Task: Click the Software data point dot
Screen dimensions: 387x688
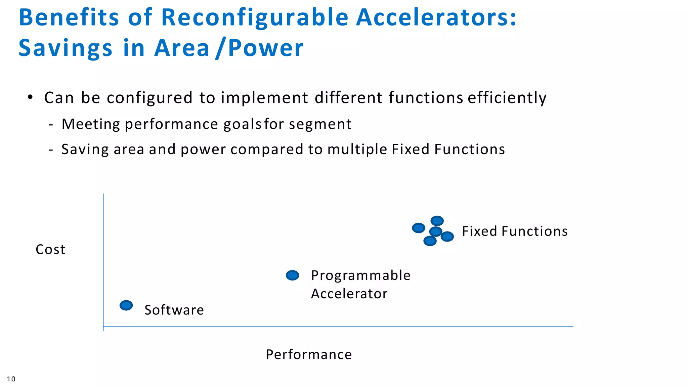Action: pos(126,305)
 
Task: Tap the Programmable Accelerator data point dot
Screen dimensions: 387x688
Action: pos(292,275)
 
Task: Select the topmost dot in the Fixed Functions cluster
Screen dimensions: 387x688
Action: pos(437,221)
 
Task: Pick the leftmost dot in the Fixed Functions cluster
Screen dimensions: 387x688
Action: pos(419,228)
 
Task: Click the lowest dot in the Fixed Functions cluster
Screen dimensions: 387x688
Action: pos(430,241)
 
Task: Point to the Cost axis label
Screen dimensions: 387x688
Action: pos(50,250)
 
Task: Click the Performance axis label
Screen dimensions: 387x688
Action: pos(309,354)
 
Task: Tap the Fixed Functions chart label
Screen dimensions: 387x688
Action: pos(515,231)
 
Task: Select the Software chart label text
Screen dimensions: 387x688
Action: pos(174,310)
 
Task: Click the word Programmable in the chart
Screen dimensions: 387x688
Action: pos(361,275)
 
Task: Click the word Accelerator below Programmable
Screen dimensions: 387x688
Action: pos(349,294)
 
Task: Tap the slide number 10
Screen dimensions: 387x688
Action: pos(11,379)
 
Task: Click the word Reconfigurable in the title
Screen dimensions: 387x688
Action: pos(255,17)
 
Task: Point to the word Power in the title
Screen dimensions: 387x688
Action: pos(266,48)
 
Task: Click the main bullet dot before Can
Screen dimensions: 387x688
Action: pos(30,97)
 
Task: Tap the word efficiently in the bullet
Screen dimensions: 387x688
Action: pos(507,98)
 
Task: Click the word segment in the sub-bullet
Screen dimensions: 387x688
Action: pos(320,124)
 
